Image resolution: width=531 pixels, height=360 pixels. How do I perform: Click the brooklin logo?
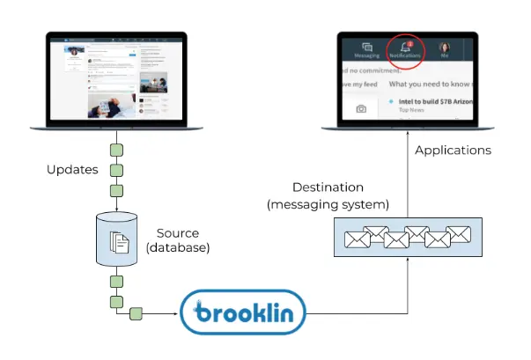pos(242,312)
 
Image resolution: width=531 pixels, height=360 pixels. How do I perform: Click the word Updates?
pos(71,169)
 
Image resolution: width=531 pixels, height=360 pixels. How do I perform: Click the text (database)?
pos(178,248)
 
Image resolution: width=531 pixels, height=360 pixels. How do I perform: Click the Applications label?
pos(453,151)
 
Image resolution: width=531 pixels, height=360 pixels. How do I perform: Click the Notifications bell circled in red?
pos(405,48)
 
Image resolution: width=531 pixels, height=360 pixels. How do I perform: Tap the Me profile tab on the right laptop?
pos(444,49)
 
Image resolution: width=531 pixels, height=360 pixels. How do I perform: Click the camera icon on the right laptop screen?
pos(360,108)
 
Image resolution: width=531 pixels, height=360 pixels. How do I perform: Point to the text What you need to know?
pos(433,84)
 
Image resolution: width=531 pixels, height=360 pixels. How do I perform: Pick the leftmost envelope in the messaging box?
pos(357,239)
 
